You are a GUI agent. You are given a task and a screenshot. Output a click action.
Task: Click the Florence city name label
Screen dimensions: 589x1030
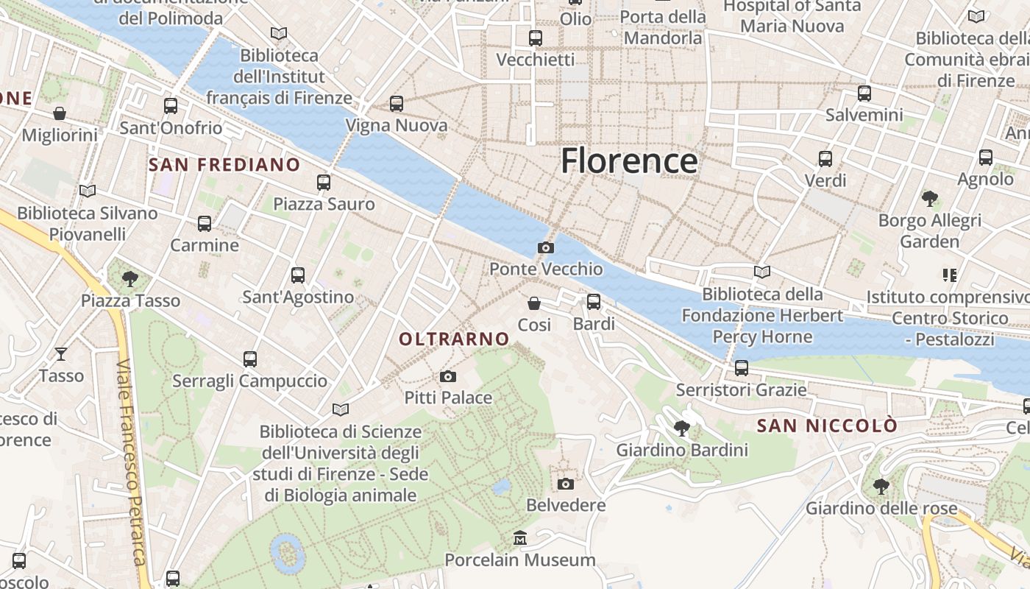click(x=629, y=161)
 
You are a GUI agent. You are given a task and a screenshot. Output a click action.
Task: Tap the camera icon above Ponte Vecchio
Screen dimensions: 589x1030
click(x=545, y=247)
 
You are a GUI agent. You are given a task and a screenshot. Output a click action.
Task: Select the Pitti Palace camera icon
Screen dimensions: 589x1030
click(x=447, y=377)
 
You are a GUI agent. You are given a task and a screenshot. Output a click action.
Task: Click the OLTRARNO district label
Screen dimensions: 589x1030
click(x=454, y=339)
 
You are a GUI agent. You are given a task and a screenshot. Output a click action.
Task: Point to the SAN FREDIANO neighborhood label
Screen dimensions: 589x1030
click(x=224, y=165)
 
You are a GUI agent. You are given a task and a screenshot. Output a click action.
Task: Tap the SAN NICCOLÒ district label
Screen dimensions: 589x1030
click(x=827, y=426)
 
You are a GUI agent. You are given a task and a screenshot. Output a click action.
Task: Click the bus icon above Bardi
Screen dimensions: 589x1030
click(x=593, y=302)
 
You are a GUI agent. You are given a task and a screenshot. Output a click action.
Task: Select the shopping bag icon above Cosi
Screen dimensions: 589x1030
click(x=534, y=303)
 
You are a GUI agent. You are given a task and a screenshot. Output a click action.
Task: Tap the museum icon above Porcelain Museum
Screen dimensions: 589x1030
click(x=520, y=538)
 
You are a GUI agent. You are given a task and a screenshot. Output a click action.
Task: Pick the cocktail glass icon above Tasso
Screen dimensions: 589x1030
click(x=61, y=354)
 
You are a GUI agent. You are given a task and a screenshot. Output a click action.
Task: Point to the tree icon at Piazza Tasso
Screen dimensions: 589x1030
click(x=130, y=279)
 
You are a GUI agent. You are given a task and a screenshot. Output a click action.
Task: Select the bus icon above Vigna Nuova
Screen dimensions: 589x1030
click(x=397, y=104)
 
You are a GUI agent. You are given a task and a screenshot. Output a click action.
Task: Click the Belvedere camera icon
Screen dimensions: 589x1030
click(x=565, y=484)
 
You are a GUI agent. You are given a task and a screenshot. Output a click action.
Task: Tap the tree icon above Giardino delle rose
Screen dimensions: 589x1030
click(x=881, y=487)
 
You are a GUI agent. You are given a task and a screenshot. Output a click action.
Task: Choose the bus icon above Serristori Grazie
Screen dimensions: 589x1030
click(x=741, y=368)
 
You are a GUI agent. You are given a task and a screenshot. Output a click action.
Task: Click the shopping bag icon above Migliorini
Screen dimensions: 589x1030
click(x=60, y=113)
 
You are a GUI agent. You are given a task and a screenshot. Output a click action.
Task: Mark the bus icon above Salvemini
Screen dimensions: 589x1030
click(x=864, y=94)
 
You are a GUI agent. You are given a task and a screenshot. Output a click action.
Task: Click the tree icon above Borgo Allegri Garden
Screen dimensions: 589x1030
click(x=929, y=199)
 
